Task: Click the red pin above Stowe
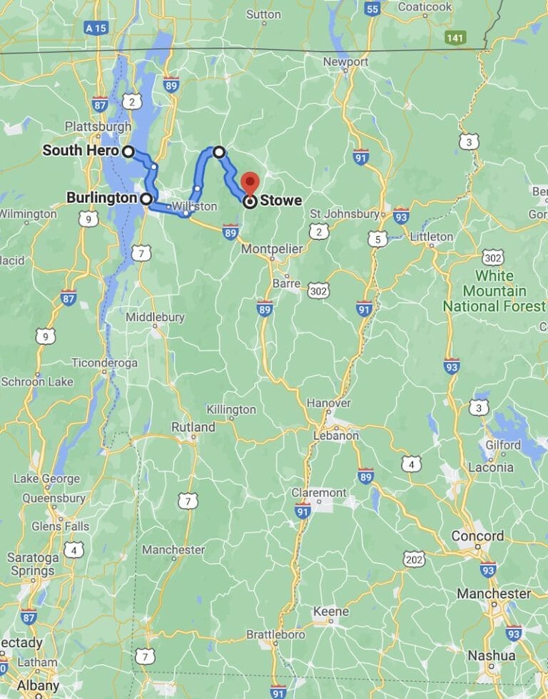coord(250,182)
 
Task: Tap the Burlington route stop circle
coord(146,199)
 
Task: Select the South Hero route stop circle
coord(128,151)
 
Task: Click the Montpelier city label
coord(272,249)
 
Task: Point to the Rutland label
coord(193,427)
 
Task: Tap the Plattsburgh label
coord(98,126)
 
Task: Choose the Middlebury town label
coord(155,317)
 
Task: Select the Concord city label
coord(477,536)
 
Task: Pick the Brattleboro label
coord(275,634)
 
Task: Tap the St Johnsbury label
coord(343,213)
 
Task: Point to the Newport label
coord(345,62)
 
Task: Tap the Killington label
coord(230,409)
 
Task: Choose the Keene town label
coord(331,611)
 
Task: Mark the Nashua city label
coord(492,655)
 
